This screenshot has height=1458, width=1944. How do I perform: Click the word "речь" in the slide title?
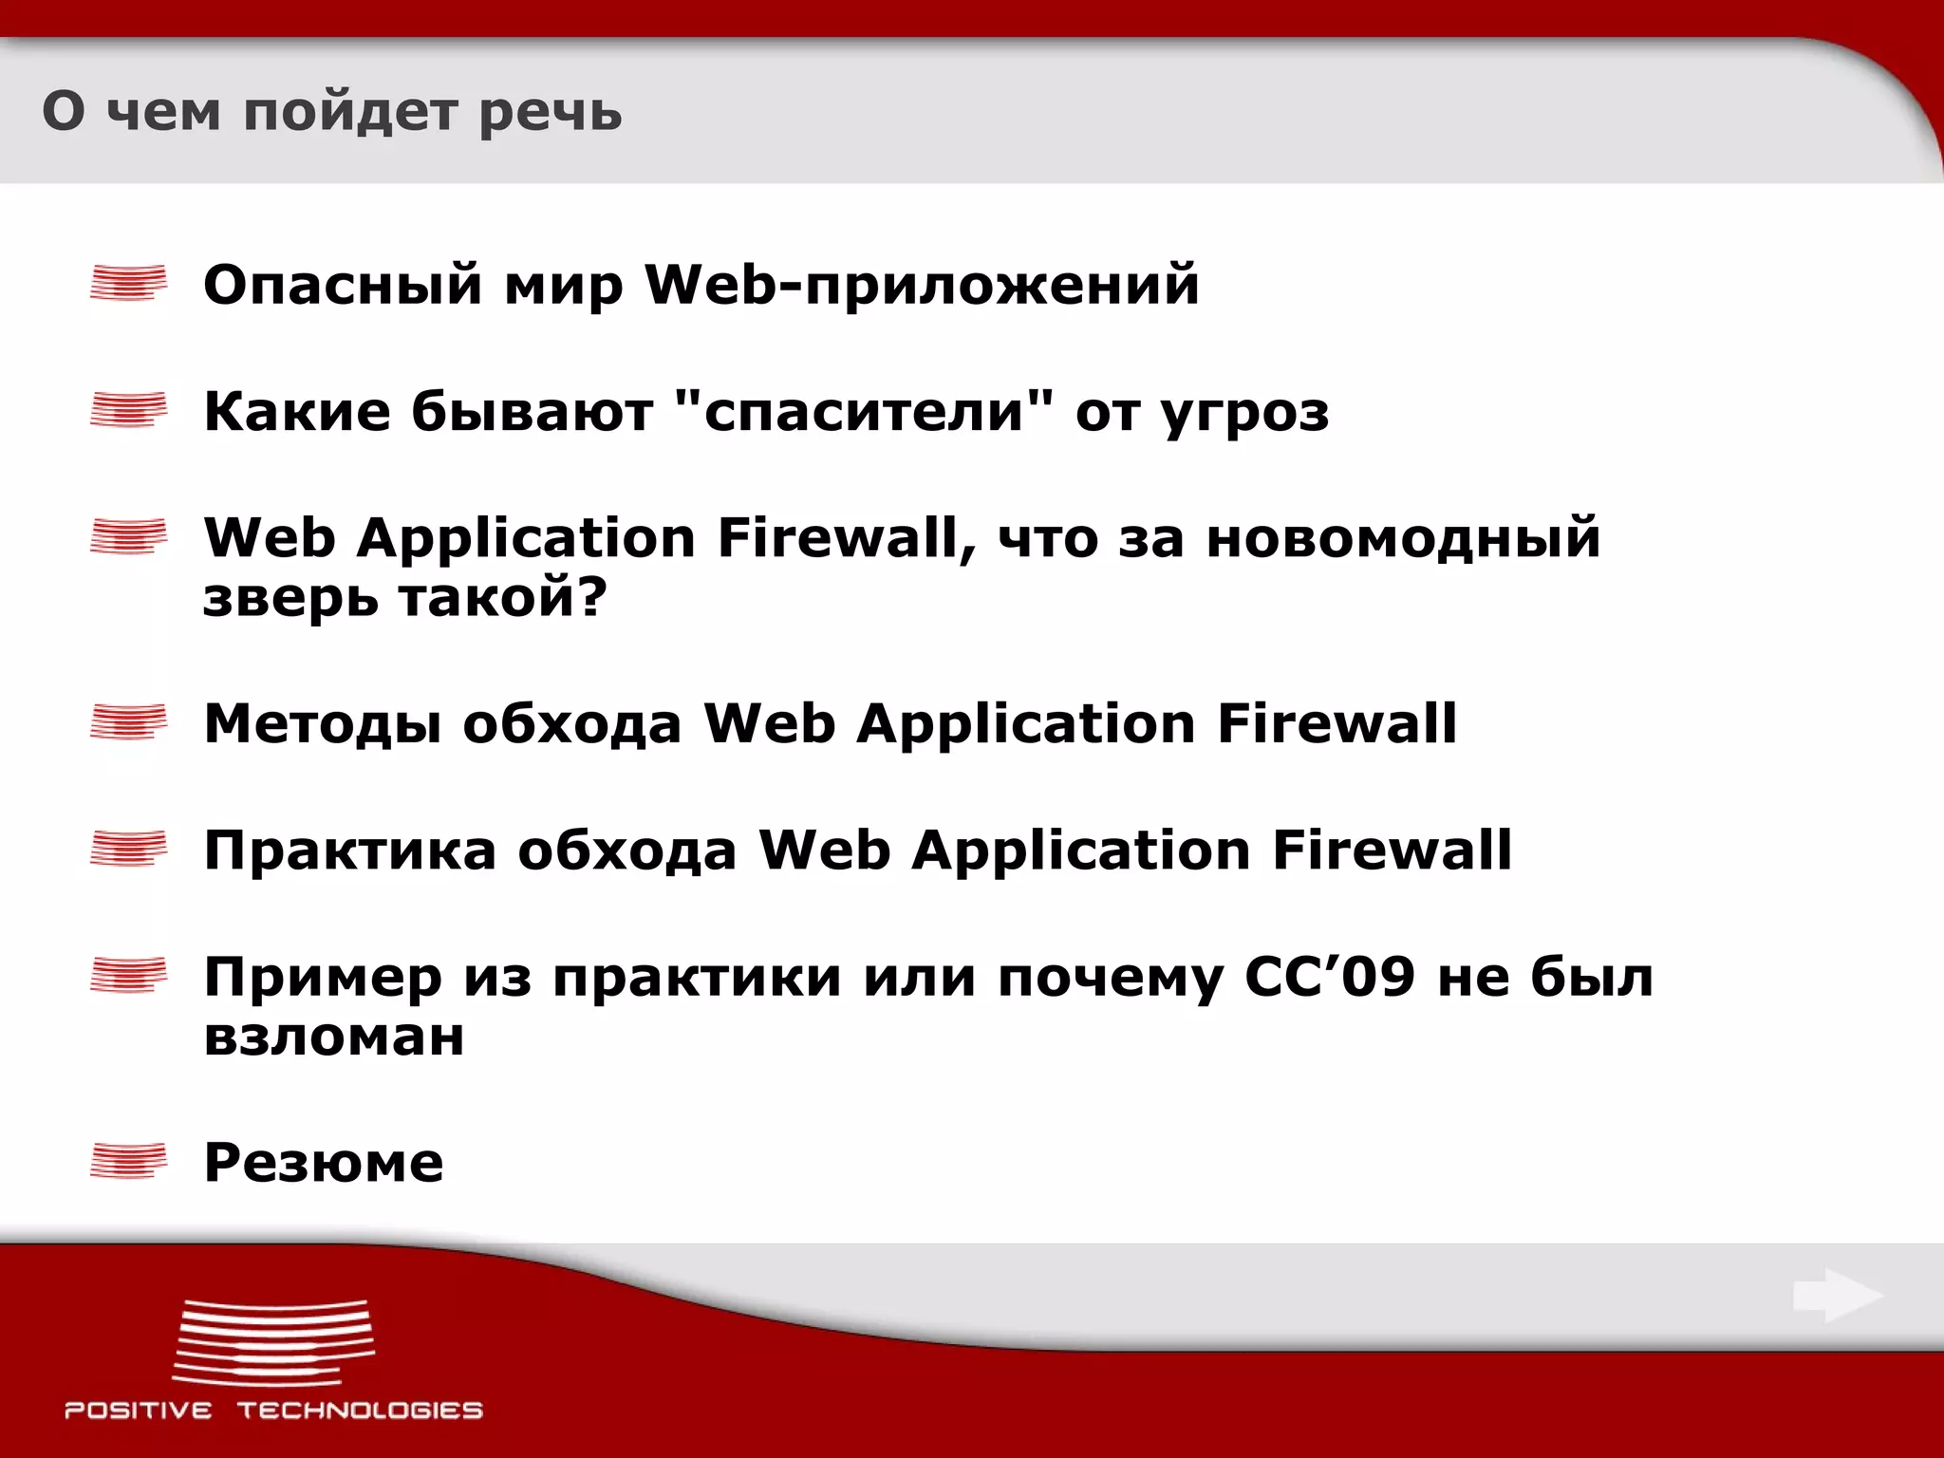[550, 113]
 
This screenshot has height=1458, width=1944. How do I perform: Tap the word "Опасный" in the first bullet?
[343, 285]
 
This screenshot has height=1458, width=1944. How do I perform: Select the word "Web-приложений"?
[922, 285]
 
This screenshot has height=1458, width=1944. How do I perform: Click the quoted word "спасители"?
[866, 411]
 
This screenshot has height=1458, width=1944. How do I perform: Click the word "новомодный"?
[1403, 537]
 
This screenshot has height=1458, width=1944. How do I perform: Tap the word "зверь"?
[290, 598]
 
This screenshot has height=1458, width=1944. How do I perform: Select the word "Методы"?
[323, 724]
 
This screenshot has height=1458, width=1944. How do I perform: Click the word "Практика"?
[350, 850]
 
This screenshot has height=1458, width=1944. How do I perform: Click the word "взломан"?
[334, 1037]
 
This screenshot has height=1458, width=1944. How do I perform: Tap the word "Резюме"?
[324, 1162]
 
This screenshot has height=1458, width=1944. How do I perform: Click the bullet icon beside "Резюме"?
[128, 1161]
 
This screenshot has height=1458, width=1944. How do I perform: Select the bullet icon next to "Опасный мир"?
[128, 283]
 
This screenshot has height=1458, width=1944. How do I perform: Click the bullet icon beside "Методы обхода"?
[128, 722]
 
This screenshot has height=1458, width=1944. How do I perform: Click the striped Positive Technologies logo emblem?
[273, 1341]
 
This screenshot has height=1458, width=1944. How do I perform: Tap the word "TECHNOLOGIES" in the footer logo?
[360, 1411]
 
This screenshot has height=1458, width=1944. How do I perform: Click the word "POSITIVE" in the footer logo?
[139, 1411]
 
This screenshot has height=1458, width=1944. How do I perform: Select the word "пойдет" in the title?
[350, 113]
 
